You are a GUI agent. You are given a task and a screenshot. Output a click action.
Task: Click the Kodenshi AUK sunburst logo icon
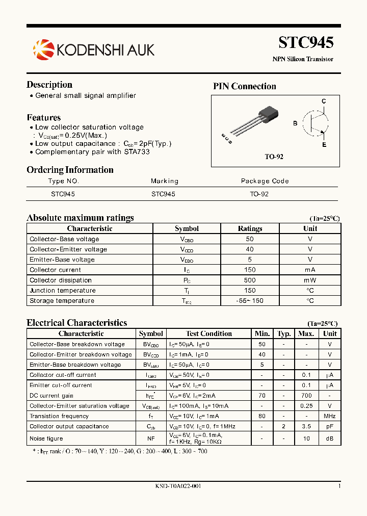pos(43,49)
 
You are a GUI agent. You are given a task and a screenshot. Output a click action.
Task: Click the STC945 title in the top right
pos(306,42)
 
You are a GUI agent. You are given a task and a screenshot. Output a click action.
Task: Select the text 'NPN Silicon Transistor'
pos(303,59)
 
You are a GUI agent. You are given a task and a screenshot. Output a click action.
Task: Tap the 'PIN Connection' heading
pos(244,86)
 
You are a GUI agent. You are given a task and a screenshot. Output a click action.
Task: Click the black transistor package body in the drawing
pos(269,114)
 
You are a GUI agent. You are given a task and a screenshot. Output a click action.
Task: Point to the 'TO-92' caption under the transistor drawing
pos(274,157)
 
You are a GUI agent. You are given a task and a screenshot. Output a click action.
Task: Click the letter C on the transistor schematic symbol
pos(324,101)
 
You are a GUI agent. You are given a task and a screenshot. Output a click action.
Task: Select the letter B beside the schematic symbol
pos(295,123)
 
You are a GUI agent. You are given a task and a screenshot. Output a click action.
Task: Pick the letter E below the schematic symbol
pos(324,144)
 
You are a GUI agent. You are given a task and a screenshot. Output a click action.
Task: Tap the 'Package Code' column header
pos(265,181)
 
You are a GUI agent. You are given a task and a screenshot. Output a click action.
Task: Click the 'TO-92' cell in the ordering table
pos(259,194)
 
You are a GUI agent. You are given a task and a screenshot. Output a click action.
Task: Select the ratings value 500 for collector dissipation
pos(250,280)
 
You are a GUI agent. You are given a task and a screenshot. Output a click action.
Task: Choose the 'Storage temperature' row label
pos(62,301)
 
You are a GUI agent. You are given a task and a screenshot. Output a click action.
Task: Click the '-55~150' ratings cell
pos(250,301)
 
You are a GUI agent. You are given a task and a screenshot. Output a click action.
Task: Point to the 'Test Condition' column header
pos(209,333)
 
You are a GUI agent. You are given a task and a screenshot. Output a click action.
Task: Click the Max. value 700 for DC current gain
pos(306,396)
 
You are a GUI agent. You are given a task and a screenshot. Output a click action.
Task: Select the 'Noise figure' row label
pos(46,438)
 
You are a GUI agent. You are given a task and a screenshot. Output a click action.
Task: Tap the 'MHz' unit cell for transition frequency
pos(330,416)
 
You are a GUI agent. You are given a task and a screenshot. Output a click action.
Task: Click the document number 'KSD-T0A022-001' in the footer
pos(178,486)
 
